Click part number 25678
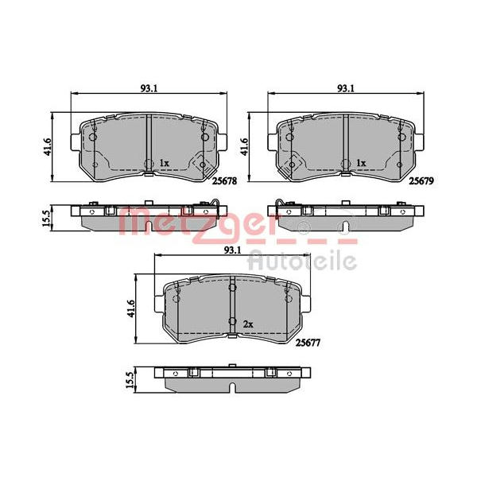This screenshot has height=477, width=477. tap(224, 181)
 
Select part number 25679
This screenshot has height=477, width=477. tap(421, 181)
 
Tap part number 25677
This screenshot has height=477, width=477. tap(308, 343)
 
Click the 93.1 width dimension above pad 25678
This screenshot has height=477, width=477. tap(149, 88)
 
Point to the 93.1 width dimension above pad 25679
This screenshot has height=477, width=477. tap(346, 88)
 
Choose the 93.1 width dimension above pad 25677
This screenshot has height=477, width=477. tap(233, 250)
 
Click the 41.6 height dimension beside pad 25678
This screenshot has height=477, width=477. tap(47, 147)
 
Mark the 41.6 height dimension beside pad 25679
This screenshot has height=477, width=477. tap(244, 147)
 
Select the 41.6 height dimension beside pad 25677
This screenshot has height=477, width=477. tap(131, 309)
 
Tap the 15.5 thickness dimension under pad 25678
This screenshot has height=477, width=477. tap(46, 218)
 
